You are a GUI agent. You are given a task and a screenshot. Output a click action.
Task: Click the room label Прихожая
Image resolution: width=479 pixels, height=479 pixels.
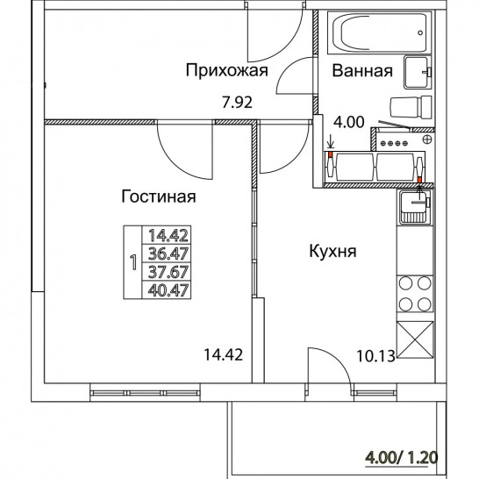pyautogui.click(x=226, y=70)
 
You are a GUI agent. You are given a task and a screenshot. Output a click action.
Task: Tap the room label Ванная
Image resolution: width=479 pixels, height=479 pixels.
pyautogui.click(x=362, y=70)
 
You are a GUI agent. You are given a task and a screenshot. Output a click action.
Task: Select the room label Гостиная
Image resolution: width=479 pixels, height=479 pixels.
pyautogui.click(x=159, y=197)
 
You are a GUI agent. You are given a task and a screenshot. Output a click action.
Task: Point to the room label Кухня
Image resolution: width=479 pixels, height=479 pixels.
pyautogui.click(x=332, y=252)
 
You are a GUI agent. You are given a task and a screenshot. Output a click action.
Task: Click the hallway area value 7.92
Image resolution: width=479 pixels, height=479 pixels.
pyautogui.click(x=238, y=103)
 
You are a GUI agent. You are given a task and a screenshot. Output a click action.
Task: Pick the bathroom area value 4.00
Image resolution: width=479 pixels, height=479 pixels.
pyautogui.click(x=349, y=122)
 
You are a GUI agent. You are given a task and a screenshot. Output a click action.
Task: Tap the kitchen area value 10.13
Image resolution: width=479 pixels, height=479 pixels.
pyautogui.click(x=375, y=356)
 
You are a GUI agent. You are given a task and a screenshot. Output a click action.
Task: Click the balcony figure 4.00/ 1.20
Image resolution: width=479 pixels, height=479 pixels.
pyautogui.click(x=402, y=458)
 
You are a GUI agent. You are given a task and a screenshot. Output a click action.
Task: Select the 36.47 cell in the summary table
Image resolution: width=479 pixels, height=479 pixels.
pyautogui.click(x=168, y=254)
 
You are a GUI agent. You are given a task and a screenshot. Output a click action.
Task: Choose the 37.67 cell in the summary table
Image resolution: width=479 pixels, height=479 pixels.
pyautogui.click(x=168, y=272)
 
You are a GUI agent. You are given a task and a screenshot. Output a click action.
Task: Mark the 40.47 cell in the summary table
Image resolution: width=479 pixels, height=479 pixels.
pyautogui.click(x=168, y=290)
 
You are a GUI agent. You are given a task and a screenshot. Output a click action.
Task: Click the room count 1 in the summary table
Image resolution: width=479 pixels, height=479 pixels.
pyautogui.click(x=133, y=262)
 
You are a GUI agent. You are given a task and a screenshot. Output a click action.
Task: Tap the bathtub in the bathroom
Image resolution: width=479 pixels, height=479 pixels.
pyautogui.click(x=379, y=32)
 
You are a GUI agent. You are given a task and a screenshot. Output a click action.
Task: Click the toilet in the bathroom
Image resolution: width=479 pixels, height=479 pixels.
pyautogui.click(x=411, y=107)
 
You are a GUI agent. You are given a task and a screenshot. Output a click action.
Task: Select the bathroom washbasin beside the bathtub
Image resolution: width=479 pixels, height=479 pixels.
pyautogui.click(x=418, y=73)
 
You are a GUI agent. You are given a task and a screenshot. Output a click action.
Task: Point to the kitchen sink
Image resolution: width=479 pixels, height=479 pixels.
pyautogui.click(x=415, y=207)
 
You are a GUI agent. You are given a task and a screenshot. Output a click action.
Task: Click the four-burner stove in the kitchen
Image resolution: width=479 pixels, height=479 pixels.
pyautogui.click(x=415, y=294)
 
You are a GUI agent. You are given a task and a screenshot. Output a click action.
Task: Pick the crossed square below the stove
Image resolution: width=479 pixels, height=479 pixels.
pyautogui.click(x=415, y=340)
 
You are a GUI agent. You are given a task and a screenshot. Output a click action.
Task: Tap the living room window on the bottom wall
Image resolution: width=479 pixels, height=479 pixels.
pyautogui.click(x=145, y=393)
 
